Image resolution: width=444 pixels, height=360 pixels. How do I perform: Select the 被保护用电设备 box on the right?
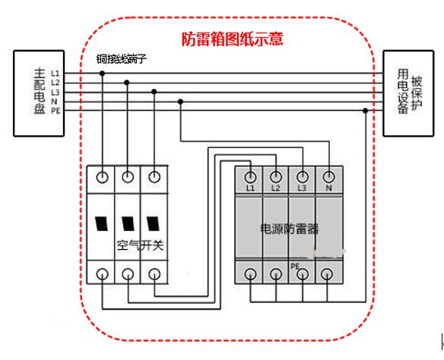click(408, 92)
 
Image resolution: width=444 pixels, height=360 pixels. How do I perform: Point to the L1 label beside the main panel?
click(55, 73)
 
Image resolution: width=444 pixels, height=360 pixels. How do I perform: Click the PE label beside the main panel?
click(55, 111)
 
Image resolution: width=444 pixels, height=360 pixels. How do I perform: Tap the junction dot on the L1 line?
click(102, 74)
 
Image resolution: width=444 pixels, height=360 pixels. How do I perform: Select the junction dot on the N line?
click(180, 101)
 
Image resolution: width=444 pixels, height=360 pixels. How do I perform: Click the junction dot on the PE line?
click(366, 111)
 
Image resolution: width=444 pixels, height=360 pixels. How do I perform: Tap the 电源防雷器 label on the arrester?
click(289, 227)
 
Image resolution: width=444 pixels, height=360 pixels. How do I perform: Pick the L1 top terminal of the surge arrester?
click(251, 175)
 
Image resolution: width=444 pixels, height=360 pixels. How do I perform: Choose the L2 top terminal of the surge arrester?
click(277, 175)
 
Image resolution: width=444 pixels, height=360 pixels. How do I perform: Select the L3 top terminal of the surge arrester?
click(303, 175)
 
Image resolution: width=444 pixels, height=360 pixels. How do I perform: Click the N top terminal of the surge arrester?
click(328, 175)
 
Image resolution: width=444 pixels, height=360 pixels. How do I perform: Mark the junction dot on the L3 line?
click(154, 92)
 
